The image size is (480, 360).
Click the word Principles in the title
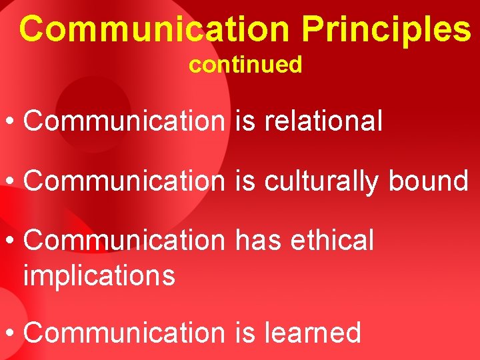click(x=386, y=29)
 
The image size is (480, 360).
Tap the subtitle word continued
click(x=245, y=65)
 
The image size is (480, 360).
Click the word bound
click(x=429, y=180)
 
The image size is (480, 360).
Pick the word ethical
click(x=333, y=240)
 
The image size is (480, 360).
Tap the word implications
click(x=99, y=274)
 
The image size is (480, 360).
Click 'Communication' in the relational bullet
click(x=125, y=121)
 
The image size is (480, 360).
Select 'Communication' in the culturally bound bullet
click(x=125, y=180)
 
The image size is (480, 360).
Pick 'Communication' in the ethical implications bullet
click(x=125, y=240)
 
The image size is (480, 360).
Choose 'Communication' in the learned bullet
click(x=125, y=332)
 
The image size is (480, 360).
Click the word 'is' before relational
click(x=245, y=121)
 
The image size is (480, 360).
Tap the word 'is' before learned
click(x=245, y=332)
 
